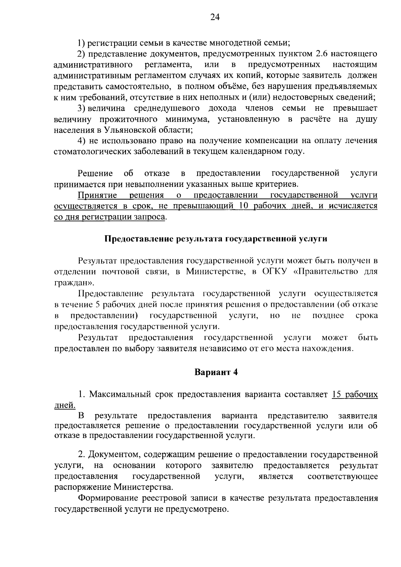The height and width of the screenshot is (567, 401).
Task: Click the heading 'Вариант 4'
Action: pyautogui.click(x=216, y=372)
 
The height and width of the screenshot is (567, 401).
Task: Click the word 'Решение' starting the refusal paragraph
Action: pyautogui.click(x=95, y=173)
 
